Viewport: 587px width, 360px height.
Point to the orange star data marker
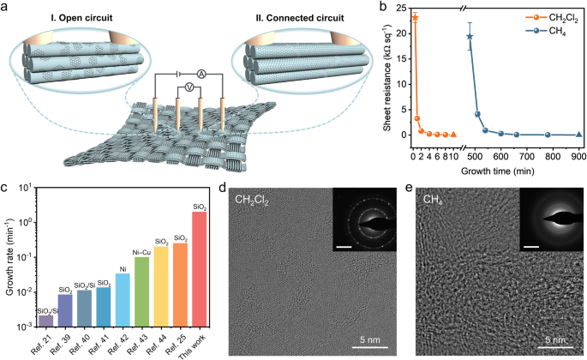pyautogui.click(x=415, y=17)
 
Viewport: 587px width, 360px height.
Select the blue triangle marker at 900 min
pyautogui.click(x=579, y=135)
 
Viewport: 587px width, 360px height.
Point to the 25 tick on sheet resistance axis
pyautogui.click(x=401, y=9)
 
